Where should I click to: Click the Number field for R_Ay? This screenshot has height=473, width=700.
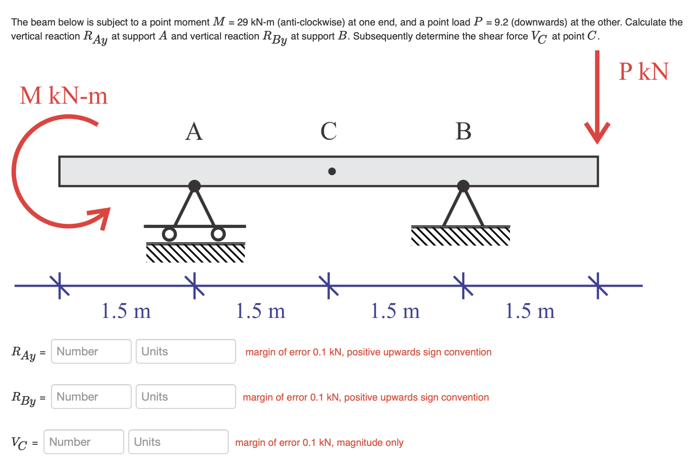[91, 351]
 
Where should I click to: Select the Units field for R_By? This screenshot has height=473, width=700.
[185, 396]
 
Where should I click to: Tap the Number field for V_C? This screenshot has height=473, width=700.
[83, 442]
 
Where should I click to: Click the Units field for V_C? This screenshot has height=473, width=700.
[178, 442]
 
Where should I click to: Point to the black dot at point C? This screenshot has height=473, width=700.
[332, 172]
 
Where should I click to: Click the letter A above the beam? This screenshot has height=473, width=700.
[194, 132]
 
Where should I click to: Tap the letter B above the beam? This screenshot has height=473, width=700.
[463, 132]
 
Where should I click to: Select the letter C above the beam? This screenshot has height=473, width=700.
[329, 132]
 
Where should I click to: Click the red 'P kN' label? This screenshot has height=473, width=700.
[643, 72]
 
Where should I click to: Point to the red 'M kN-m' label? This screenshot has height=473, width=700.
[64, 96]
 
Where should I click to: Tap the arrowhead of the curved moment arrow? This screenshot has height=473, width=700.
[102, 216]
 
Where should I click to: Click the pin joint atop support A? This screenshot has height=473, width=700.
[195, 186]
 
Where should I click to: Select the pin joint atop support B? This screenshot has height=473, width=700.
[463, 186]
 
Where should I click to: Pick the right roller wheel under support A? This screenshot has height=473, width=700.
[218, 234]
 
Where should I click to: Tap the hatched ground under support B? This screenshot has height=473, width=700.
[461, 237]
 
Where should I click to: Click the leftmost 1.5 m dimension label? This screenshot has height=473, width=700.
[126, 311]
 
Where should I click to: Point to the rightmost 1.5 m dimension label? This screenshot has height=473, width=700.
[530, 311]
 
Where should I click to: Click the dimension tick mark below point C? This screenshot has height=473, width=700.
[329, 285]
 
